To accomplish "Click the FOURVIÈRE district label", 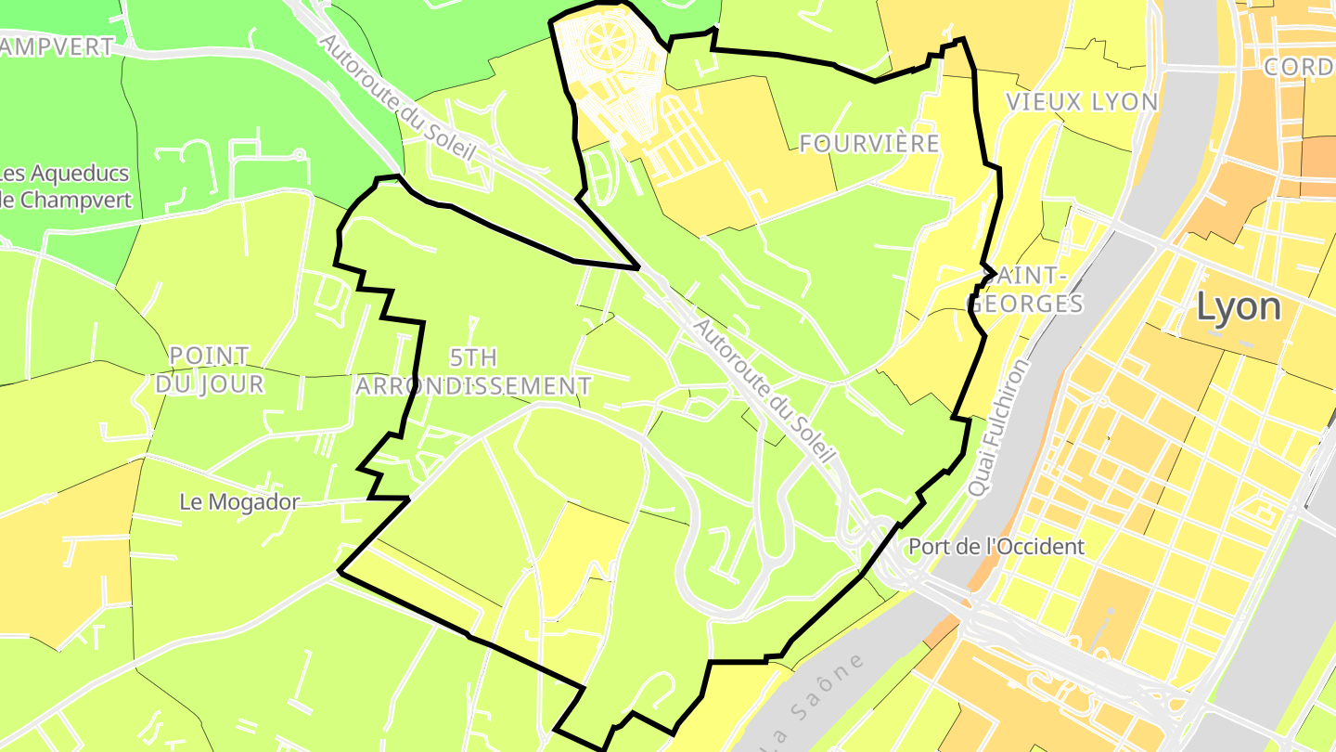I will (x=869, y=144).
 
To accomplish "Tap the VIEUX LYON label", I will (x=1082, y=102).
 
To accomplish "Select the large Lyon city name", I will (x=1239, y=306).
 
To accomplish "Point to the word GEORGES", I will (x=1026, y=304).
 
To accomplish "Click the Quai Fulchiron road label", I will (x=998, y=427).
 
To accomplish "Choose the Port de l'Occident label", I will (x=996, y=546).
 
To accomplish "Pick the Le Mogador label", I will (x=239, y=502).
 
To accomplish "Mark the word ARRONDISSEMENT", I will (x=473, y=385).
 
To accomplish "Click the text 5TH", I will (x=473, y=357).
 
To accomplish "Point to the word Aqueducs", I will (x=77, y=174).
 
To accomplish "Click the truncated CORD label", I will (x=1299, y=68).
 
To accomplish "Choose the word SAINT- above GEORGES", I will (x=1026, y=276).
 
